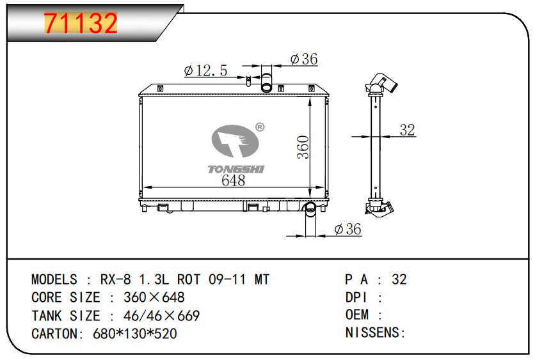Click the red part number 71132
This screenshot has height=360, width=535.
[x=81, y=23]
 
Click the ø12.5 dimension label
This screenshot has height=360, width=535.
[x=205, y=70]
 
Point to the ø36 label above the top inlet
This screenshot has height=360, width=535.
[x=304, y=59]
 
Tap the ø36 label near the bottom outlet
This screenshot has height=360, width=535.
[x=347, y=229]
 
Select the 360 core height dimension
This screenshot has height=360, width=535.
[x=303, y=147]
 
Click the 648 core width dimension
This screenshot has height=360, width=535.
[x=234, y=180]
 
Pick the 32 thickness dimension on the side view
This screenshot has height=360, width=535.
[x=407, y=130]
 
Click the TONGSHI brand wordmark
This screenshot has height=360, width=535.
[x=236, y=169]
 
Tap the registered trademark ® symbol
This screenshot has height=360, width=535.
[x=260, y=127]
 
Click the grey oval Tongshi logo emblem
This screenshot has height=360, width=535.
[x=235, y=141]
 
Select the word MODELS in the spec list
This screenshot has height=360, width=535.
[x=54, y=279]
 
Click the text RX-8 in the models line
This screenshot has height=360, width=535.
[x=115, y=279]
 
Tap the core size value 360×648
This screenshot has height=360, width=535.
[x=154, y=297]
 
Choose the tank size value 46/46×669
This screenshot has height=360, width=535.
[x=161, y=316]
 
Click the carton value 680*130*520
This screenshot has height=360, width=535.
[x=135, y=333]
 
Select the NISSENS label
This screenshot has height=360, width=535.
[x=376, y=333]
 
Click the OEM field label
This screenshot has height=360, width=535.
[x=357, y=315]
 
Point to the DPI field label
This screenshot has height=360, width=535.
[x=356, y=297]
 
